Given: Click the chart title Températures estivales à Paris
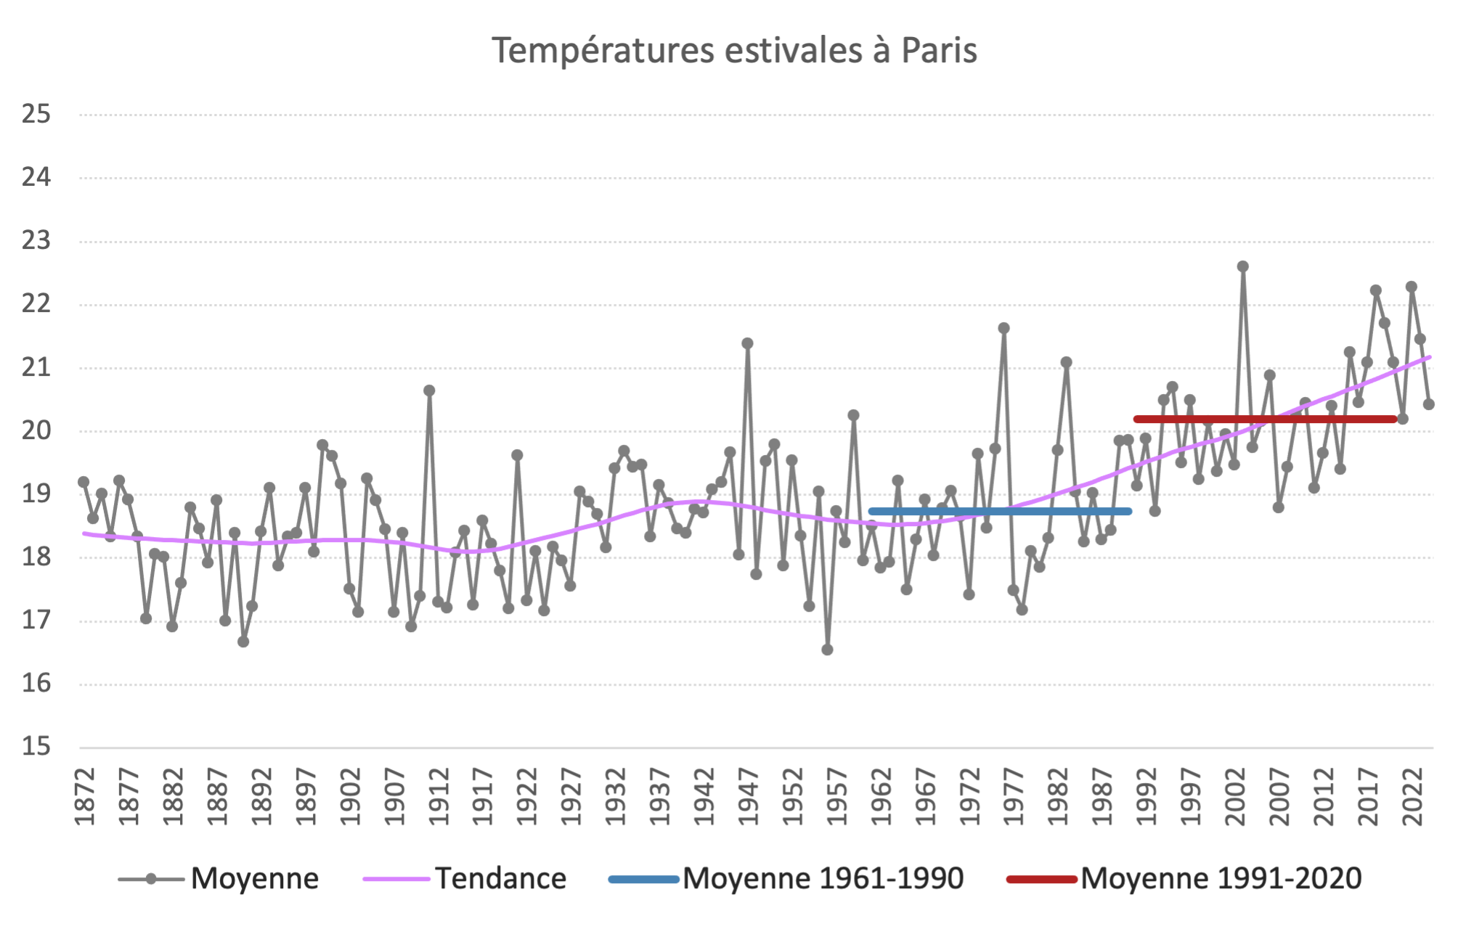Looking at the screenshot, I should tap(734, 51).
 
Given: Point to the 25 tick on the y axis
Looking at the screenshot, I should tap(36, 114).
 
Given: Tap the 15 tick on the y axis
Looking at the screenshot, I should tap(36, 747).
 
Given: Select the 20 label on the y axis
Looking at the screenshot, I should tap(36, 430).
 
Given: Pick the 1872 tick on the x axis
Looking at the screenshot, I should tap(85, 796).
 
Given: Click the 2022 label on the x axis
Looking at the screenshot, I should tap(1412, 796).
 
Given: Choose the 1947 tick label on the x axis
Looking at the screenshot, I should tap(749, 796).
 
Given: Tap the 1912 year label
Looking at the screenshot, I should tap(439, 796).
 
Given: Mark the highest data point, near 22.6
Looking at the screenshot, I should tap(1242, 267).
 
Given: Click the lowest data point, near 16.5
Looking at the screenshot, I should tap(827, 650).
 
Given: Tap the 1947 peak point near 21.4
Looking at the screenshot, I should tap(747, 343).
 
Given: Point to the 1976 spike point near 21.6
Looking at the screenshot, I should tap(1003, 328).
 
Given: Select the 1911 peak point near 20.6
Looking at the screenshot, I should tap(429, 390).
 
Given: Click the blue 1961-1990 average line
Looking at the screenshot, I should tap(1000, 512).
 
